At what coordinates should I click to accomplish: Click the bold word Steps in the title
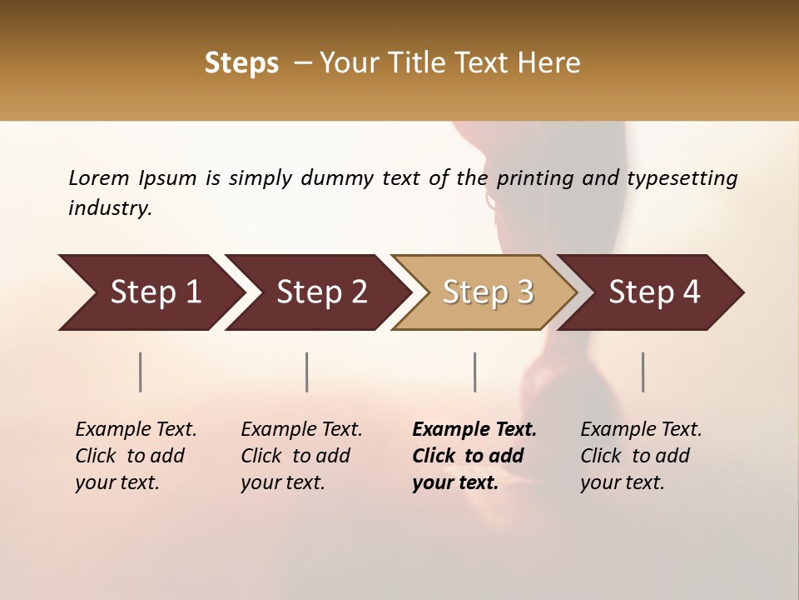[241, 63]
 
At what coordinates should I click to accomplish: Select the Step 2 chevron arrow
[321, 292]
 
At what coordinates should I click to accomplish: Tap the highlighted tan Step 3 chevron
[488, 292]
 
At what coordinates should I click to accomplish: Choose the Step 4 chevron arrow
[654, 292]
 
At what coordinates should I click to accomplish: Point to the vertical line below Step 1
[141, 372]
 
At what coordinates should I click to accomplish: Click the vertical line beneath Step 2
[307, 372]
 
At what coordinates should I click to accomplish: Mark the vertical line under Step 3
[474, 372]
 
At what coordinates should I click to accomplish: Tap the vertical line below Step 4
[643, 372]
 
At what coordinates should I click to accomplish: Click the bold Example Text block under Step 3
[474, 456]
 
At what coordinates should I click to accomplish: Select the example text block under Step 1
[136, 456]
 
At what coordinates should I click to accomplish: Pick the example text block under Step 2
[301, 456]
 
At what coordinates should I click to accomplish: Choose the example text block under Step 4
[641, 456]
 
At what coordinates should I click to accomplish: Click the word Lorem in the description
[99, 177]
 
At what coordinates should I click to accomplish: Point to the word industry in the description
[109, 208]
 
